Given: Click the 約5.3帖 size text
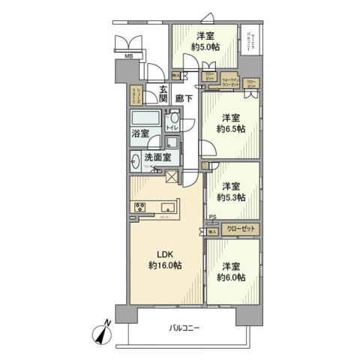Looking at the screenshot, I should [x=230, y=198].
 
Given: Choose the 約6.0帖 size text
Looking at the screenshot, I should [x=230, y=277].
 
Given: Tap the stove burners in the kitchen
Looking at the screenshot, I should [x=140, y=208].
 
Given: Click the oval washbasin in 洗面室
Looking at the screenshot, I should [x=136, y=159].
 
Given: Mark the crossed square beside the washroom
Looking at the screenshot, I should [x=172, y=178].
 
